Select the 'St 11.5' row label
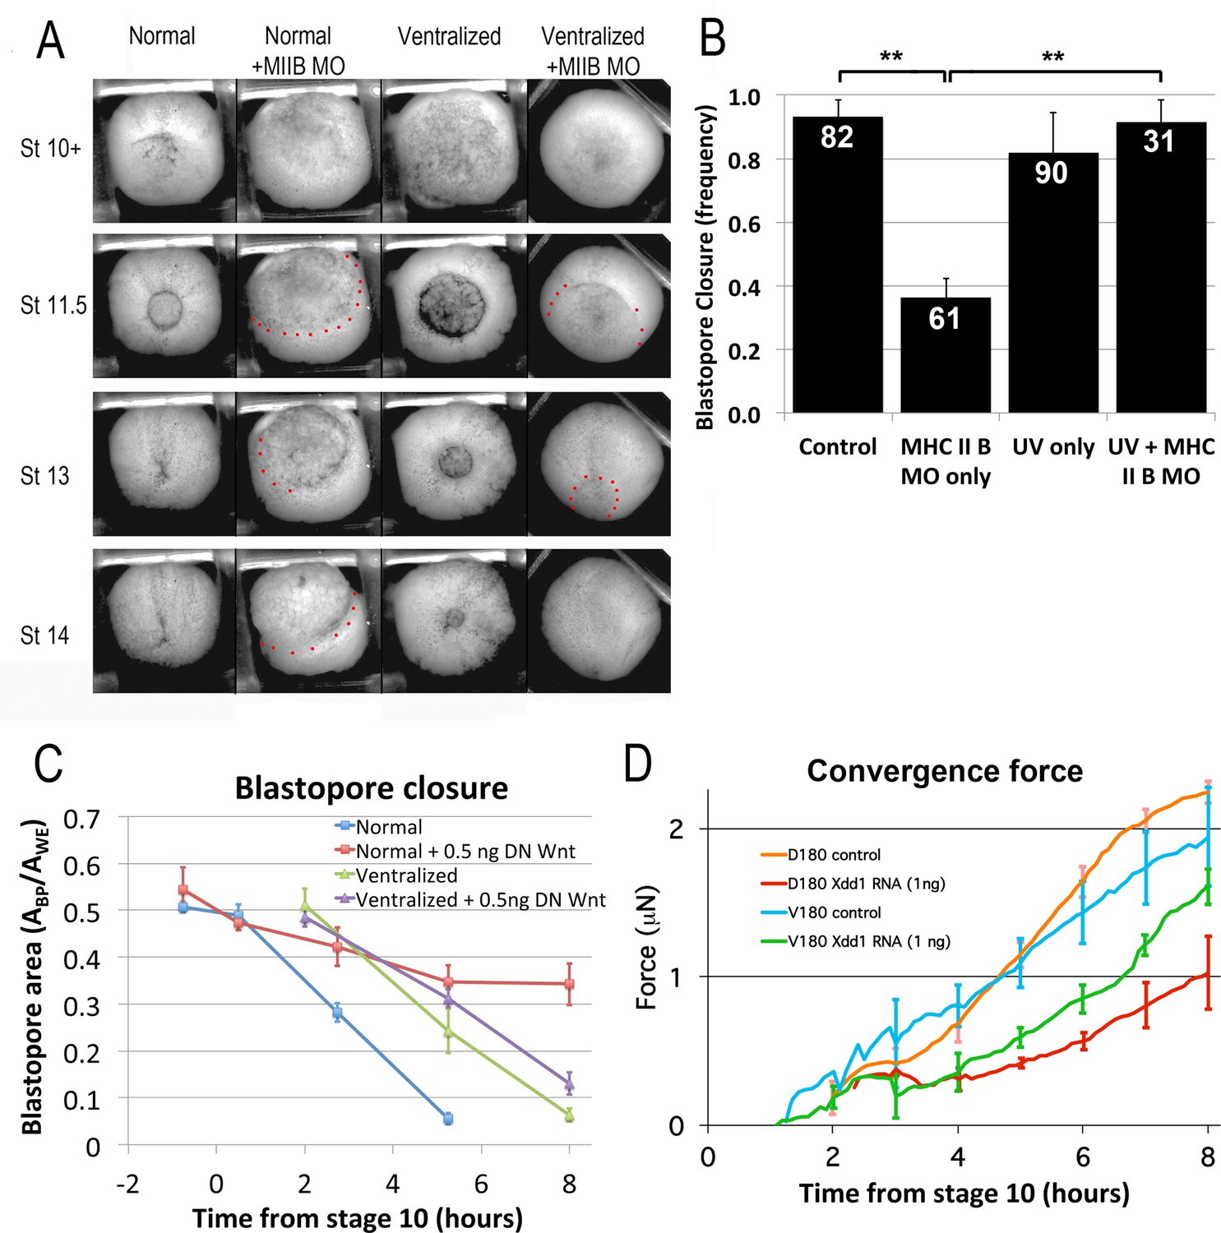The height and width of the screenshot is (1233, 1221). pyautogui.click(x=53, y=306)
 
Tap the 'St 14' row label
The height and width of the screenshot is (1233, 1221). pyautogui.click(x=44, y=635)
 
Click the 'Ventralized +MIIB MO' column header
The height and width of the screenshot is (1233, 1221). pyautogui.click(x=592, y=51)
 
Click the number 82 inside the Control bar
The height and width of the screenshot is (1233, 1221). pyautogui.click(x=836, y=137)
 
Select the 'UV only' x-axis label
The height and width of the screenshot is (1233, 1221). pyautogui.click(x=1052, y=447)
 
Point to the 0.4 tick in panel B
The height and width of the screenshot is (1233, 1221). pyautogui.click(x=746, y=287)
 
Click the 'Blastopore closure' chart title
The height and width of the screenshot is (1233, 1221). pyautogui.click(x=372, y=787)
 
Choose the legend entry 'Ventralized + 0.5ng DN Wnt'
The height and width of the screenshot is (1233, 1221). pyautogui.click(x=480, y=899)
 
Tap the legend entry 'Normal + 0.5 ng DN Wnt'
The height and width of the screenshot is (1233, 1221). pyautogui.click(x=465, y=851)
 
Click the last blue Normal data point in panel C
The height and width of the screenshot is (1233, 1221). pyautogui.click(x=448, y=1119)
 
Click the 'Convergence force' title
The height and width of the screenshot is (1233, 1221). pyautogui.click(x=945, y=771)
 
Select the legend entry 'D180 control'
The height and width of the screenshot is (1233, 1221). pyautogui.click(x=834, y=855)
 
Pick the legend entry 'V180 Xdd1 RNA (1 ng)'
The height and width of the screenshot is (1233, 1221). pyautogui.click(x=868, y=941)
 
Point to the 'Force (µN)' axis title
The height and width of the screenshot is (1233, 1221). pyautogui.click(x=646, y=947)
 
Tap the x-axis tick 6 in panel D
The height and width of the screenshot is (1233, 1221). pyautogui.click(x=1082, y=1157)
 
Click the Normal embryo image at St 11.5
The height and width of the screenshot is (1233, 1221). pyautogui.click(x=164, y=307)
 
